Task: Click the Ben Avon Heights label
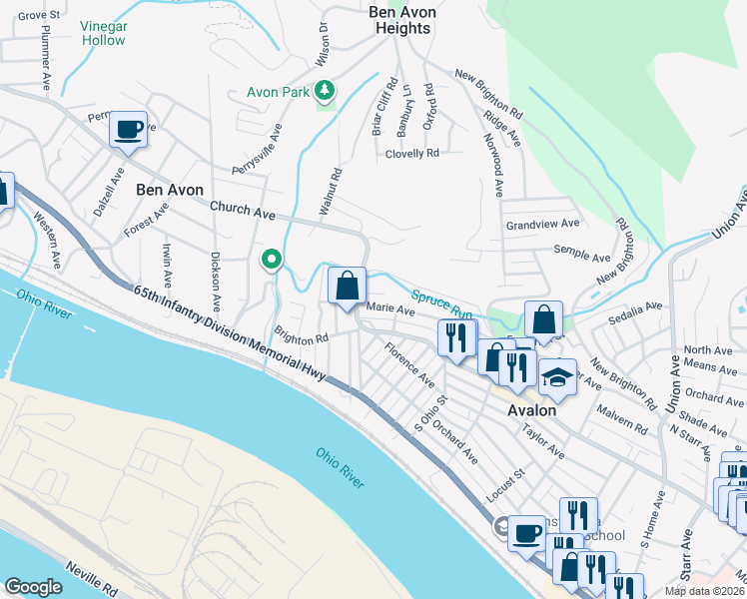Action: pos(399,20)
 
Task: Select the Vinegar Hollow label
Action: pos(103,33)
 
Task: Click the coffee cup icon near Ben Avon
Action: pos(129,130)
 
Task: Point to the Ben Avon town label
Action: pos(170,190)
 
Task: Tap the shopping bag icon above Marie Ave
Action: pos(347,287)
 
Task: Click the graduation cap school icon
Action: pos(557,377)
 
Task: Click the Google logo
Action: pos(33,587)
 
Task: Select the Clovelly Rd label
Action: pos(412,154)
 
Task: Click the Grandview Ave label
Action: pos(543,224)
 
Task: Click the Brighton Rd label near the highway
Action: pos(302,338)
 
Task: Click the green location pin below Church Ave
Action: pos(271,260)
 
